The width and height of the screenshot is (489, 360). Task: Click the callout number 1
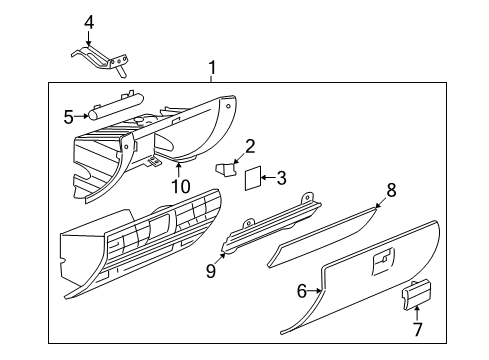click(211, 68)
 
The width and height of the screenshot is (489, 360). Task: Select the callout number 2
click(251, 145)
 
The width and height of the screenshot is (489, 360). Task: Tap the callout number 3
click(281, 179)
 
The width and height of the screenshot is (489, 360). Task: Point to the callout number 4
click(89, 22)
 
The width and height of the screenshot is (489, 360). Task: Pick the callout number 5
click(69, 117)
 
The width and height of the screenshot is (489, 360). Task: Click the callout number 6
click(301, 291)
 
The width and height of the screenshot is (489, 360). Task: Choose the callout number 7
click(417, 329)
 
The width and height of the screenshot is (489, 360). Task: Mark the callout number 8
click(392, 188)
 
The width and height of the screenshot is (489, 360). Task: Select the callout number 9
click(211, 269)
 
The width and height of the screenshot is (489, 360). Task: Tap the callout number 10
click(180, 185)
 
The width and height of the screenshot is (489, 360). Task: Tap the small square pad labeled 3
click(254, 178)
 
